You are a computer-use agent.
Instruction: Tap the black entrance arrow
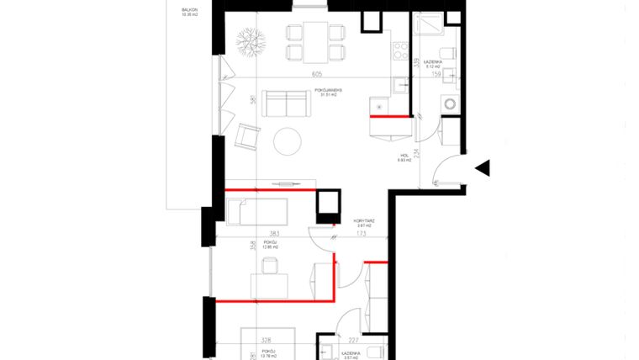click(x=483, y=168)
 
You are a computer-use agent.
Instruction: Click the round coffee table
click(x=289, y=140)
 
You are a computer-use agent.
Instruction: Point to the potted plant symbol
click(x=250, y=42)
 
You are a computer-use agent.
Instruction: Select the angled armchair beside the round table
click(x=248, y=135)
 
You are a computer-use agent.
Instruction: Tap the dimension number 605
click(x=317, y=75)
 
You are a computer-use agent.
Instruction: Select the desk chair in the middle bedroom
click(x=270, y=267)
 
